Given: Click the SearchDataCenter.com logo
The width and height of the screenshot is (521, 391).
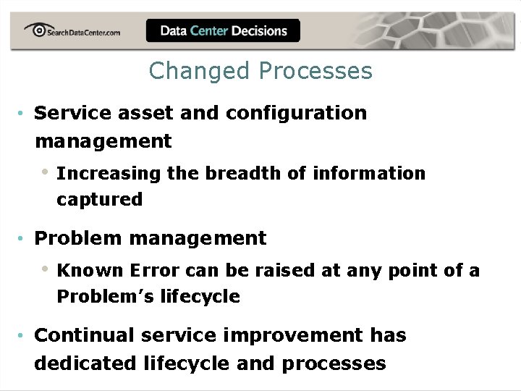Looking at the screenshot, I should click(72, 30).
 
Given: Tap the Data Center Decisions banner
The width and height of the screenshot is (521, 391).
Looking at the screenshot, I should click(223, 30).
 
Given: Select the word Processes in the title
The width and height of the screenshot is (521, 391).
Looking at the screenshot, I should click(315, 71).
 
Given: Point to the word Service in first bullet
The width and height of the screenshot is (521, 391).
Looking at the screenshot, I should click(70, 113).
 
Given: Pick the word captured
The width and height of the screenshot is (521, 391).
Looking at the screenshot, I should click(100, 200).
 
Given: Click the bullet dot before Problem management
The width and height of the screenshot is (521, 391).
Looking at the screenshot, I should click(24, 238).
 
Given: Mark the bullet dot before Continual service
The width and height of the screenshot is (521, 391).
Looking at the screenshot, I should click(24, 336).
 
